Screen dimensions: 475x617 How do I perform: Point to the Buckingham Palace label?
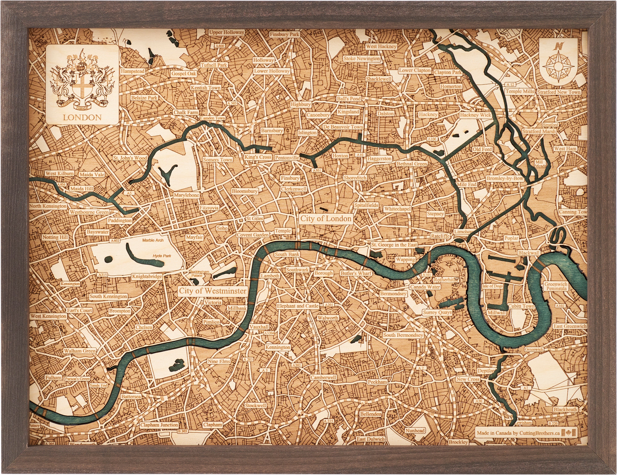pos(199,273)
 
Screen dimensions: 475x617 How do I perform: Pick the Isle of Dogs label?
pos(493,286)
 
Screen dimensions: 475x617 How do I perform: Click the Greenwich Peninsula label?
pos(556,286)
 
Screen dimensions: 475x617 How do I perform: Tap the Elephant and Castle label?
pos(298,306)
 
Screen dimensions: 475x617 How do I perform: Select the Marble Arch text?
pos(153,240)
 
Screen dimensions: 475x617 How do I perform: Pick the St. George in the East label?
pos(394,245)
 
